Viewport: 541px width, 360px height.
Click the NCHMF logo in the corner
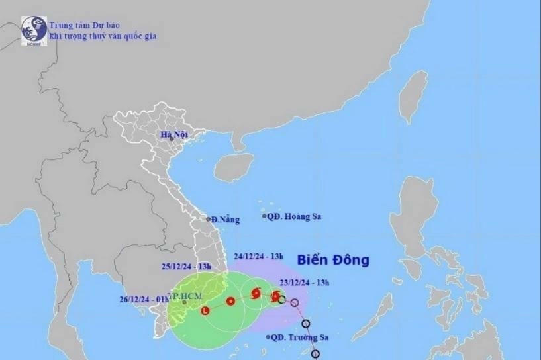tap(34, 30)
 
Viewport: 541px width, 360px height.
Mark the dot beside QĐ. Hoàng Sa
tap(264, 216)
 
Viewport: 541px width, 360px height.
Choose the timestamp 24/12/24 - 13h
tap(259, 255)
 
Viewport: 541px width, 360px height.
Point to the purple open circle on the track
tap(295, 303)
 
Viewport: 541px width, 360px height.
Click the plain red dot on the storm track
tap(230, 302)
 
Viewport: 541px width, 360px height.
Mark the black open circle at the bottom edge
tap(315, 354)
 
